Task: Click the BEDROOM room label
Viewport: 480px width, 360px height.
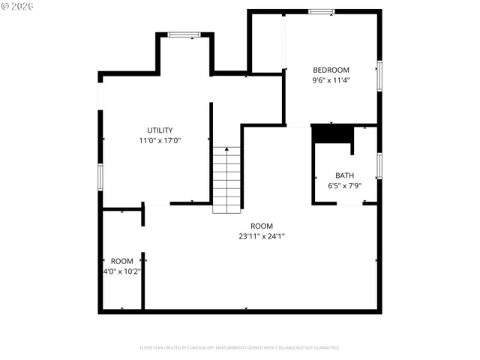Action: tap(331, 70)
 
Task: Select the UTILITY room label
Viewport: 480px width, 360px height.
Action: tap(160, 130)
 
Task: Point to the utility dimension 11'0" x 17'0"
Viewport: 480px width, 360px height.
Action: tap(160, 140)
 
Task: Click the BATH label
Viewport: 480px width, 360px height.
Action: tap(345, 175)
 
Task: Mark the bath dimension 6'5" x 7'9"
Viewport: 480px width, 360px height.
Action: tap(345, 185)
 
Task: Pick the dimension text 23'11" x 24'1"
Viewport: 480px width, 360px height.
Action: tap(262, 236)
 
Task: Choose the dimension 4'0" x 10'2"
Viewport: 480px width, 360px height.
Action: tap(121, 271)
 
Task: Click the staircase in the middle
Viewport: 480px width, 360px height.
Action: tap(227, 180)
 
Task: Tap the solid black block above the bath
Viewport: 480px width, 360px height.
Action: tap(332, 133)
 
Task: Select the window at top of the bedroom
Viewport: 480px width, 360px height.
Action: tap(322, 11)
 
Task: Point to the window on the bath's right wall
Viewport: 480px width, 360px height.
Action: tap(379, 165)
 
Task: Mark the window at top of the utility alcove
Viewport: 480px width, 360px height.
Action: tap(184, 34)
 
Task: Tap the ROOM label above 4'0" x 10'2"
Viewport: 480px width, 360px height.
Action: tap(121, 261)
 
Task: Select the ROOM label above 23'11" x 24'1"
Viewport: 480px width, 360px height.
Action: tap(262, 226)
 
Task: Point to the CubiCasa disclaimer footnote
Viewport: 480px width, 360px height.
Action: tap(240, 348)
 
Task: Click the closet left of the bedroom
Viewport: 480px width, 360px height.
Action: tap(267, 42)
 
